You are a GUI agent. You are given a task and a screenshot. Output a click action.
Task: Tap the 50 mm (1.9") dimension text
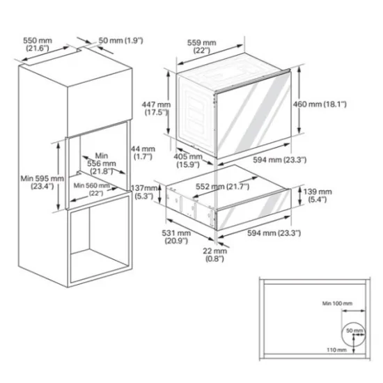(x=121, y=41)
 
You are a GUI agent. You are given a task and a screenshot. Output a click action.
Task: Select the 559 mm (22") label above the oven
(x=202, y=47)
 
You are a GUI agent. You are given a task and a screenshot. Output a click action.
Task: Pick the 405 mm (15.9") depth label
(x=188, y=161)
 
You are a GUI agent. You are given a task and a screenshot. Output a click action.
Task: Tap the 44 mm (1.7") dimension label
(x=143, y=153)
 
